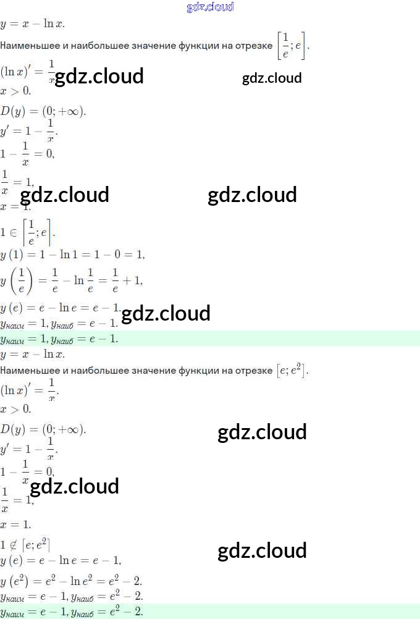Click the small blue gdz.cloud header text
point(210,7)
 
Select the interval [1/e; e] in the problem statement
point(292,46)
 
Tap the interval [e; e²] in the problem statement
point(292,371)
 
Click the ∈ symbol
point(12,232)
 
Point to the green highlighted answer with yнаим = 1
point(59,339)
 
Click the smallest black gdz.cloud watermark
point(272,78)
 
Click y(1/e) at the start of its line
point(15,280)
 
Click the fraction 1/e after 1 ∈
point(31,232)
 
